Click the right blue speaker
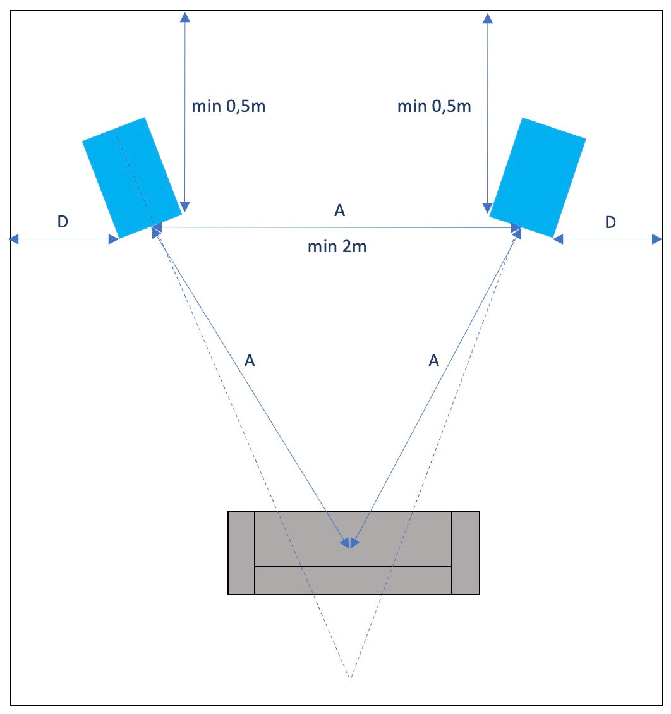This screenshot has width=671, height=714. [x=538, y=177]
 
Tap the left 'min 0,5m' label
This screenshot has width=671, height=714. [x=229, y=106]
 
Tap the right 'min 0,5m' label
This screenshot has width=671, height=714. [x=434, y=106]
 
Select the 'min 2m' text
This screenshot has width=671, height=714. [x=337, y=246]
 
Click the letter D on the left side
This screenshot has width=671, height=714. [x=62, y=222]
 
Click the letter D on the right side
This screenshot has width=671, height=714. [x=610, y=222]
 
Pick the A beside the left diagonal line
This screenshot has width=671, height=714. [x=250, y=361]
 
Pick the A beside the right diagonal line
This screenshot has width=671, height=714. [x=433, y=361]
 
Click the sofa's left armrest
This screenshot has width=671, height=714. [x=241, y=553]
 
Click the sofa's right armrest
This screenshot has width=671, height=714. [x=466, y=553]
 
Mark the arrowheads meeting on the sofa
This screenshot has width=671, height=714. [x=349, y=543]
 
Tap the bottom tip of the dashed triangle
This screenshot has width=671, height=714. [x=350, y=678]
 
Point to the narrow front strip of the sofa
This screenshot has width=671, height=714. [x=353, y=580]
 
